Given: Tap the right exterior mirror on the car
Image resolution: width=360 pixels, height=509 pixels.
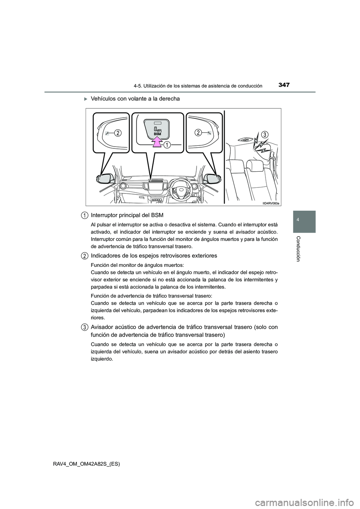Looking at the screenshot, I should click(x=213, y=178).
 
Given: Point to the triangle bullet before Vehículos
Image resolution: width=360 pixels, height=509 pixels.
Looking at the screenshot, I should click(x=85, y=99).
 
